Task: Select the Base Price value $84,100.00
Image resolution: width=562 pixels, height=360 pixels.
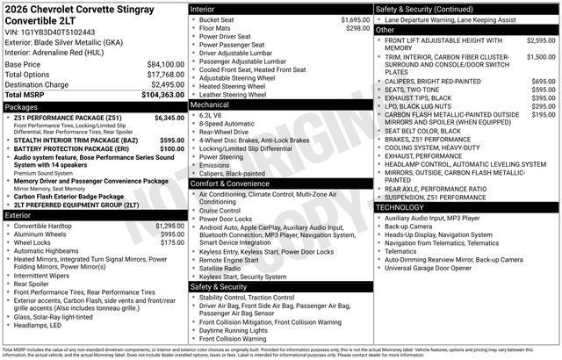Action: pos(166,64)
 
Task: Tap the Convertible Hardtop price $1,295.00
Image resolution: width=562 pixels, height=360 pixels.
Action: pos(169,226)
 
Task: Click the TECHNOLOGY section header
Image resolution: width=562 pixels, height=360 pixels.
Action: pos(405,206)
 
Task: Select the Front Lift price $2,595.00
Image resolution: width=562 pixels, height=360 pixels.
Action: pos(540,40)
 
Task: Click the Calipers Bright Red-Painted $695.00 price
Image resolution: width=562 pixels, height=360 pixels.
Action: pos(543,81)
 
